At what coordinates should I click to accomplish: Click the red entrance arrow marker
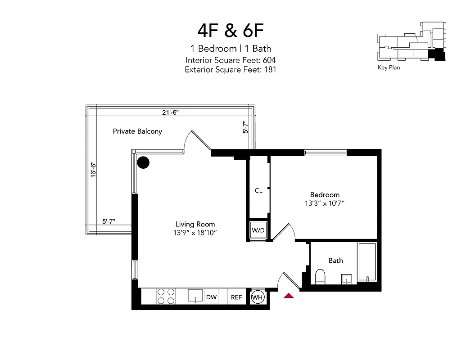(289, 296)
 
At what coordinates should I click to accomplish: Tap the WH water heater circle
(258, 297)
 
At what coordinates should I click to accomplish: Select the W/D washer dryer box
(258, 230)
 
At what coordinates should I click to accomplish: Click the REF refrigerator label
(236, 297)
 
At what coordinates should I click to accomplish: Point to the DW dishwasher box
(211, 297)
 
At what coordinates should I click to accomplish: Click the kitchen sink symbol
(195, 296)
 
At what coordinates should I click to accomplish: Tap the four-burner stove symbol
(165, 297)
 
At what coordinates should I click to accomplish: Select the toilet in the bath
(320, 277)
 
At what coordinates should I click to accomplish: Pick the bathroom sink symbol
(347, 279)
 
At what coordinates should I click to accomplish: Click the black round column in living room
(143, 162)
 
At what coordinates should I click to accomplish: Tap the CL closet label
(258, 190)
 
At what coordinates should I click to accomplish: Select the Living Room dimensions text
(195, 233)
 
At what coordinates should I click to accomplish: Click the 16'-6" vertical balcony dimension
(93, 170)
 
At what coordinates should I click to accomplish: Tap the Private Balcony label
(137, 131)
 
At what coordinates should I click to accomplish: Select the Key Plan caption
(389, 68)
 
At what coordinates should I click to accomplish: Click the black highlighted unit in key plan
(435, 55)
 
